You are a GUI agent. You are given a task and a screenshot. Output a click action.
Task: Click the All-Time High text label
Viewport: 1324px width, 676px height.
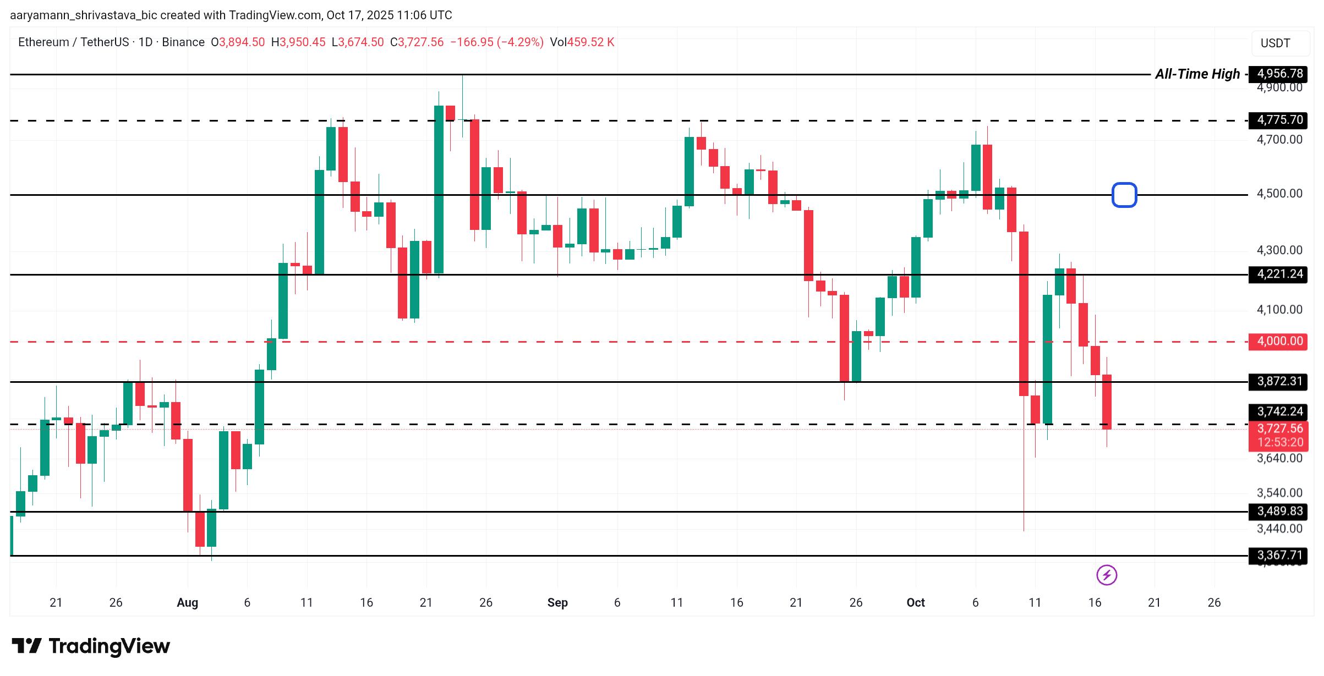(x=1197, y=74)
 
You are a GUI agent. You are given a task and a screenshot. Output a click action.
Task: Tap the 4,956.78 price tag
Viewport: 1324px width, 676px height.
(x=1279, y=74)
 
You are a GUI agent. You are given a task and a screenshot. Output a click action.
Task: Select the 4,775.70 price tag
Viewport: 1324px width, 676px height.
(x=1279, y=120)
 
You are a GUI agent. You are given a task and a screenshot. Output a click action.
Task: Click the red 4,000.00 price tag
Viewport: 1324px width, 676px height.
(x=1279, y=341)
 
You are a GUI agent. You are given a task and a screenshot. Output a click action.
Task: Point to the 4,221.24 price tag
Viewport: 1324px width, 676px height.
(x=1279, y=274)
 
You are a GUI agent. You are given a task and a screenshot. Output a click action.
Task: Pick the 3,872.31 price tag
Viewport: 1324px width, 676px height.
(x=1279, y=381)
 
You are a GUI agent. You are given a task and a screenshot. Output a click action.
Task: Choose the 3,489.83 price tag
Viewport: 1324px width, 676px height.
(x=1279, y=511)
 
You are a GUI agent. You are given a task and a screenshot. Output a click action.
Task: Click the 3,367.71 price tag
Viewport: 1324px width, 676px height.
(x=1279, y=555)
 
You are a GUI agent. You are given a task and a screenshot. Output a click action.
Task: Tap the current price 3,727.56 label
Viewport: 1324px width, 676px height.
(x=1279, y=429)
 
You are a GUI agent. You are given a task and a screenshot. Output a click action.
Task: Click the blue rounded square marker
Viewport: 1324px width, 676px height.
(x=1124, y=195)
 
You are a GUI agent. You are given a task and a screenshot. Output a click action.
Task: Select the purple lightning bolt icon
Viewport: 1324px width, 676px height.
(x=1107, y=575)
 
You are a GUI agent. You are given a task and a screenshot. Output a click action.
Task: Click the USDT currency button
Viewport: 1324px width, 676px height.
(x=1275, y=43)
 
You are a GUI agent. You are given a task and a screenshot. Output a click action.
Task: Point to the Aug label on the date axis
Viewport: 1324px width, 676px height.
(x=187, y=603)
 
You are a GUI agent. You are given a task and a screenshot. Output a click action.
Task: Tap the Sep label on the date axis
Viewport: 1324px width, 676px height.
(x=557, y=603)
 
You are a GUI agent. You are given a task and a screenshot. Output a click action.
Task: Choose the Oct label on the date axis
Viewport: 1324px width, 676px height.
(x=916, y=603)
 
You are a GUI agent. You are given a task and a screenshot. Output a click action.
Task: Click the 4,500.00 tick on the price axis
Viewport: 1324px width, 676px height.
(x=1279, y=194)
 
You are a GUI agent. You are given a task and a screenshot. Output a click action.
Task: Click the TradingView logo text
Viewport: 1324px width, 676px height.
(x=109, y=646)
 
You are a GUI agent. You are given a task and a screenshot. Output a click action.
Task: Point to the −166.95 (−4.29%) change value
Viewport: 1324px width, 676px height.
(x=496, y=42)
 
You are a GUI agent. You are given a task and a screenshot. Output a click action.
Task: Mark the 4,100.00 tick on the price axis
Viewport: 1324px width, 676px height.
(x=1279, y=310)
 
